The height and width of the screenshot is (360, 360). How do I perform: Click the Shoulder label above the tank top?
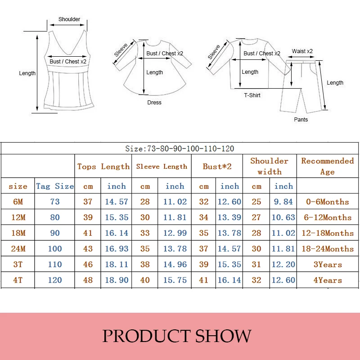pyautogui.click(x=69, y=19)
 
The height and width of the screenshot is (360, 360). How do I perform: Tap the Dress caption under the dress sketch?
pyautogui.click(x=154, y=103)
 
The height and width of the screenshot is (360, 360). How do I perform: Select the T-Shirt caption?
pyautogui.click(x=252, y=95)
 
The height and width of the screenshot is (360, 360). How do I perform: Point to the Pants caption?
pyautogui.click(x=301, y=119)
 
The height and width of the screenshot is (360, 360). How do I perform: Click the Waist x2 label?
pyautogui.click(x=302, y=51)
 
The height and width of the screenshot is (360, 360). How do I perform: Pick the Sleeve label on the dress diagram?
pyautogui.click(x=121, y=50)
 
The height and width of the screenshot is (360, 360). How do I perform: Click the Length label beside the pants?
pyautogui.click(x=335, y=83)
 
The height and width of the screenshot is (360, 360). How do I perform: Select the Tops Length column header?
pyautogui.click(x=103, y=166)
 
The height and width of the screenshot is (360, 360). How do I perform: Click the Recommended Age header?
pyautogui.click(x=328, y=166)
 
